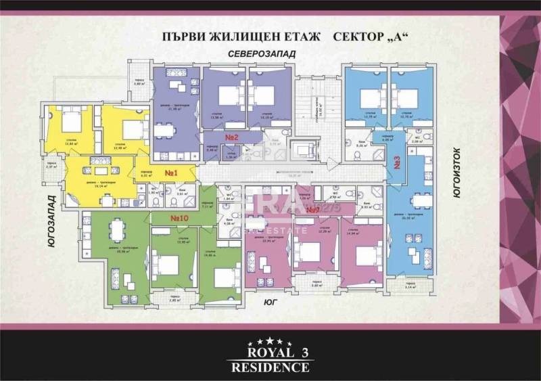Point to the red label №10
click(x=179, y=219)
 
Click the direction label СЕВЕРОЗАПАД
click(x=258, y=53)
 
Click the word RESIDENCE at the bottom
click(x=270, y=367)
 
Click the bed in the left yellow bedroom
click(x=70, y=122)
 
